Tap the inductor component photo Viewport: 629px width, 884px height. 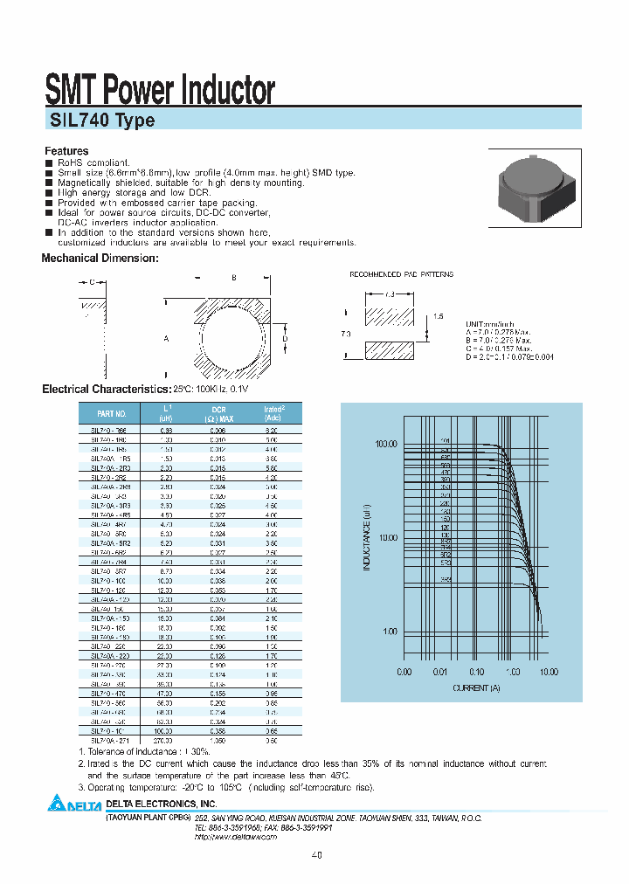535,185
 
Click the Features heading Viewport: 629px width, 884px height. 66,151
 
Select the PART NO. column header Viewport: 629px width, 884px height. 112,413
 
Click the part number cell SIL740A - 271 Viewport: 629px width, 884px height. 110,740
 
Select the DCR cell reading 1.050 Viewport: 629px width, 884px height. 218,740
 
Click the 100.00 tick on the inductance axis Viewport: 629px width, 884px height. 385,445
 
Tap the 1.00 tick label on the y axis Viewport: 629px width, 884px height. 389,632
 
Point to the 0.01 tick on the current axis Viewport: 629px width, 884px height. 439,673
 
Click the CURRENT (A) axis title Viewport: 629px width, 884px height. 476,688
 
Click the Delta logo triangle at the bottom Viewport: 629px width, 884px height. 56,804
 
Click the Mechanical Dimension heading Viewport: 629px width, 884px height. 100,259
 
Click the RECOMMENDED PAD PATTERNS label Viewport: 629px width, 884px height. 401,274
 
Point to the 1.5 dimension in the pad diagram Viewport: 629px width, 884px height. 438,316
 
